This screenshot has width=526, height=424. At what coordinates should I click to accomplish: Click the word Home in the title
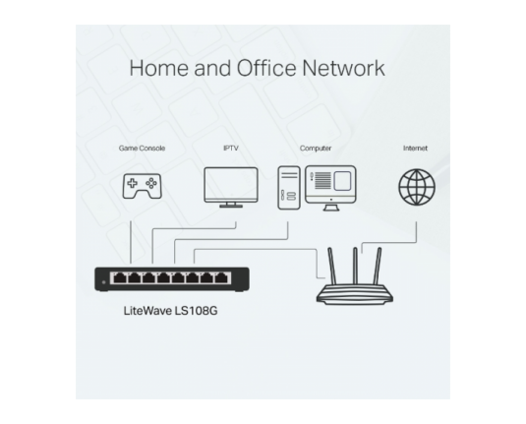[x=159, y=68]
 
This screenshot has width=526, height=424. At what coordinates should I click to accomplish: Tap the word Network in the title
[x=343, y=68]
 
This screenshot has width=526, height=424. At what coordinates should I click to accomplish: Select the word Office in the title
[x=266, y=68]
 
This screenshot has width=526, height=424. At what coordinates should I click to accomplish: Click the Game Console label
[x=142, y=148]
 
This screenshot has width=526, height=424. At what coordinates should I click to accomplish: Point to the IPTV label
[x=231, y=148]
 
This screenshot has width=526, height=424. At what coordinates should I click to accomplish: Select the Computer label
[x=316, y=149]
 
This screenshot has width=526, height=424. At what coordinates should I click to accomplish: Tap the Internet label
[x=415, y=148]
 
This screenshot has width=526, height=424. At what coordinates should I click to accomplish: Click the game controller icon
[x=142, y=186]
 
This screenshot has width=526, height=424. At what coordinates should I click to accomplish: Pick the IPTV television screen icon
[x=231, y=187]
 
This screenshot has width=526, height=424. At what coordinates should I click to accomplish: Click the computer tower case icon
[x=289, y=188]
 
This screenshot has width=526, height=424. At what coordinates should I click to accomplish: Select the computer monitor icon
[x=330, y=188]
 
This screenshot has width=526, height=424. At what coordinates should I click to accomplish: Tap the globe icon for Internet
[x=417, y=187]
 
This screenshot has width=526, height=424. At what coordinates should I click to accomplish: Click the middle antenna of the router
[x=355, y=266]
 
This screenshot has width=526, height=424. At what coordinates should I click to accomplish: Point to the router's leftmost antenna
[x=331, y=266]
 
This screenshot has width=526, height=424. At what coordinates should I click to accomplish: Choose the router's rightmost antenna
[x=378, y=266]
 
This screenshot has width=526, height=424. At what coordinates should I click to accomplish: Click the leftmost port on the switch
[x=120, y=278]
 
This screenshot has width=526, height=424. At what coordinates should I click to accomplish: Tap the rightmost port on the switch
[x=221, y=278]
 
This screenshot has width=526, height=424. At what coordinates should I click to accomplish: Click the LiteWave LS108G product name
[x=170, y=311]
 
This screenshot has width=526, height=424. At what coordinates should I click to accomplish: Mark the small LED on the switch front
[x=103, y=282]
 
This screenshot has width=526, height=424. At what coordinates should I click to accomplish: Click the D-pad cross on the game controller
[x=132, y=183]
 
